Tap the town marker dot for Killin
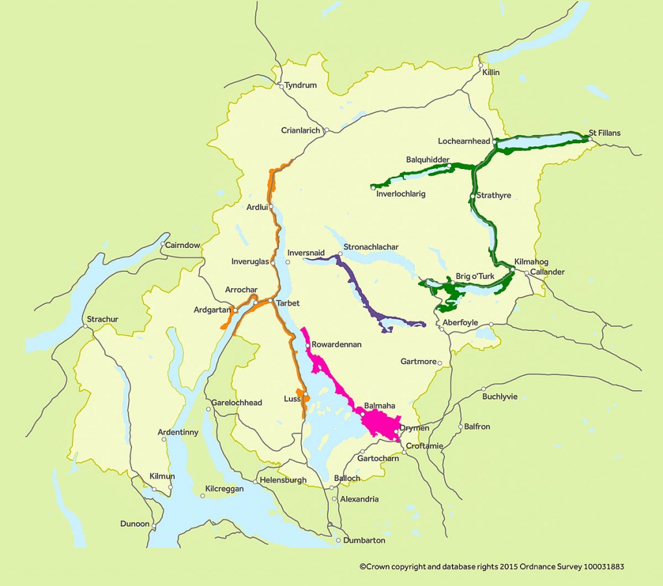(480, 65)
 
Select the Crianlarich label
(300, 130)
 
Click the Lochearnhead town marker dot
(495, 141)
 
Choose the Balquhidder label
(427, 159)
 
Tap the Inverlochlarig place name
(401, 194)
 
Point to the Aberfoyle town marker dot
(442, 330)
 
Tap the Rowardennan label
(336, 344)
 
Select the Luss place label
(291, 399)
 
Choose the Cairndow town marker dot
(163, 244)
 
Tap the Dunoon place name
(135, 524)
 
